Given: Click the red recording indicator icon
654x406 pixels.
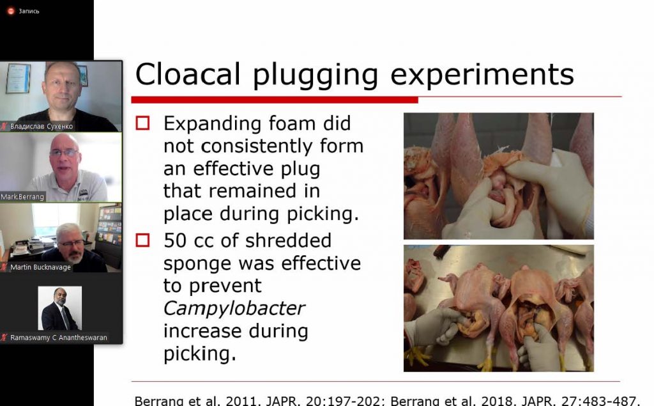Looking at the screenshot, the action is point(11,12).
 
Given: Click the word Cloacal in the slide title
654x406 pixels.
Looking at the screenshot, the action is point(188,75).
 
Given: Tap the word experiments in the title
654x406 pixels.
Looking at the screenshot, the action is point(482,76).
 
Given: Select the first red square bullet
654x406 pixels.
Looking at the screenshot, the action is point(142,123).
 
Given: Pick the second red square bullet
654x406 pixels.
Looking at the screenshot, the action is point(142,240).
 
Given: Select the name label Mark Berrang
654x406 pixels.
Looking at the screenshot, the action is point(22,197).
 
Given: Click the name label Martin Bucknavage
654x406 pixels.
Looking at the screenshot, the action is point(40,267).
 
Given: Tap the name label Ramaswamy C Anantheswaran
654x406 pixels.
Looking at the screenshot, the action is point(58,338).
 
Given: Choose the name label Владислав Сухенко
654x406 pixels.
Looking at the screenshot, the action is point(42,126).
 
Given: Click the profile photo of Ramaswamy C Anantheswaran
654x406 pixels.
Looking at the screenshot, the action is point(59,308).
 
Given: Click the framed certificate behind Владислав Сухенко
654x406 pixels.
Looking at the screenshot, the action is point(19,78).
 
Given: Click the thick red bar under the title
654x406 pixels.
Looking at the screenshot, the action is point(275,100).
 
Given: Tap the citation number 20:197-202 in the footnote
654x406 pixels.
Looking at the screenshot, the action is point(343,401).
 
